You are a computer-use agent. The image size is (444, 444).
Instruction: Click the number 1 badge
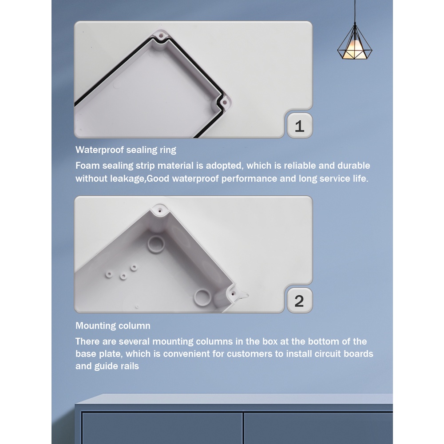[300, 126]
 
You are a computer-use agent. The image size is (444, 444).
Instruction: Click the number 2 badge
[300, 301]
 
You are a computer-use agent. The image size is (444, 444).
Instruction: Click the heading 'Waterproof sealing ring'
[126, 150]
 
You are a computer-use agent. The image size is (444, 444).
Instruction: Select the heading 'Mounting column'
[113, 325]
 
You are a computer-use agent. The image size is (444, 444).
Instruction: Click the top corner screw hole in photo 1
[162, 36]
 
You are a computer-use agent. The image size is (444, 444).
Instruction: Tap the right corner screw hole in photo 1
[224, 102]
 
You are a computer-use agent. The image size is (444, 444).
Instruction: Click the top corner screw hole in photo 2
[160, 210]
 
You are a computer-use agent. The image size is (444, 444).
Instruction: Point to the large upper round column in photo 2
[156, 244]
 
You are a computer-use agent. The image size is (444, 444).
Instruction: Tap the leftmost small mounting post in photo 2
[109, 274]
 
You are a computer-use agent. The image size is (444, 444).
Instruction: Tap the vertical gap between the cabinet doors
[243, 428]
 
